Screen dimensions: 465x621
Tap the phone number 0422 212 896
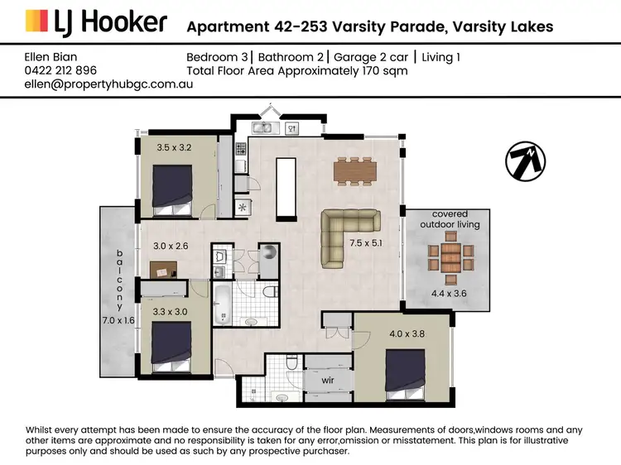click(x=62, y=70)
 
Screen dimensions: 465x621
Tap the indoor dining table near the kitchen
click(x=355, y=170)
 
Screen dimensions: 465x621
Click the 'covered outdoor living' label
click(x=449, y=218)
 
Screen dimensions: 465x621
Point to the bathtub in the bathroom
click(x=224, y=304)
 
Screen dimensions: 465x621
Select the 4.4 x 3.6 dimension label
click(x=449, y=292)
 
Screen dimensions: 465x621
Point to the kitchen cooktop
click(x=241, y=149)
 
